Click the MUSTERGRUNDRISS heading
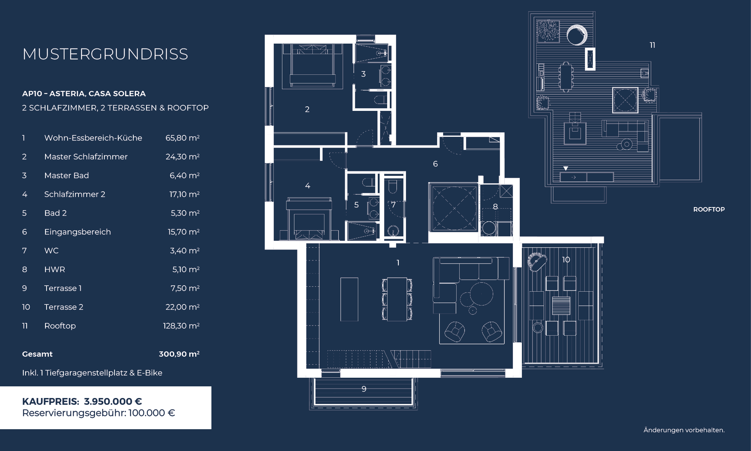[105, 54]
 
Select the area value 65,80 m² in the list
[182, 138]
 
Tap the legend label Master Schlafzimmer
[86, 157]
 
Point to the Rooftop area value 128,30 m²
[181, 326]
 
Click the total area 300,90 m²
[179, 354]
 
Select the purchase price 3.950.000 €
[113, 401]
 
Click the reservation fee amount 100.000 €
[152, 413]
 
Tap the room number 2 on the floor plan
[307, 109]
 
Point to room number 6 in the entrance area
[435, 164]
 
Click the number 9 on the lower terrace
[364, 389]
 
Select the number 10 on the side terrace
[566, 260]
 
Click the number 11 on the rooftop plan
[653, 45]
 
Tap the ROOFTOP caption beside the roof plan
[709, 209]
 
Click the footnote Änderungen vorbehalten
[684, 430]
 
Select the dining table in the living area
[397, 299]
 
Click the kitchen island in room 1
[349, 299]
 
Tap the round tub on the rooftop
[577, 35]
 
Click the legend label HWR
[54, 269]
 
